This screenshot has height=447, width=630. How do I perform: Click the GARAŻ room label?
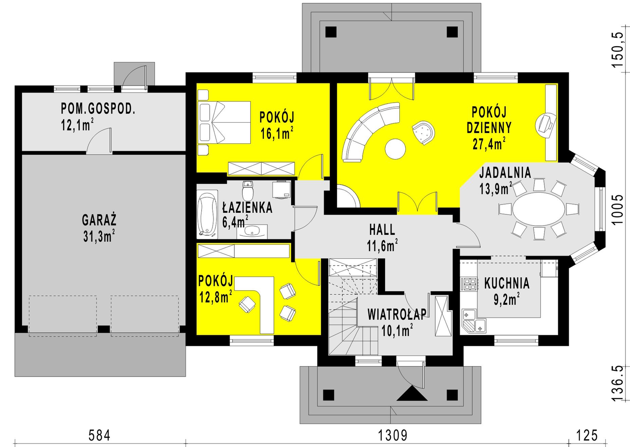99,220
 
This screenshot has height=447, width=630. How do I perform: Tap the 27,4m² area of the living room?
489,144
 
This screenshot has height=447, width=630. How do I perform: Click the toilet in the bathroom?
248,191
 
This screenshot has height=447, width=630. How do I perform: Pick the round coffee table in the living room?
395,149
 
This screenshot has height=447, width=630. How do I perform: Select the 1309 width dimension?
393,435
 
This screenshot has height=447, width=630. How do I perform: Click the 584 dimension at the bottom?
99,435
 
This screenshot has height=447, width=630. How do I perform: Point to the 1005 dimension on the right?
617,209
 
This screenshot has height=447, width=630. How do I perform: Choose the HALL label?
382,230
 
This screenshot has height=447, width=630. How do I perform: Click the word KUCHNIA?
507,283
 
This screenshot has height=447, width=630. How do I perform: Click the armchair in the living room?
424,132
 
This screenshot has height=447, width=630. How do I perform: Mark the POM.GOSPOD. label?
98,109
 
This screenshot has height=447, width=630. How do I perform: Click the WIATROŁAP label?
397,314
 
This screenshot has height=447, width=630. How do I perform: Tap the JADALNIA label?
505,172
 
